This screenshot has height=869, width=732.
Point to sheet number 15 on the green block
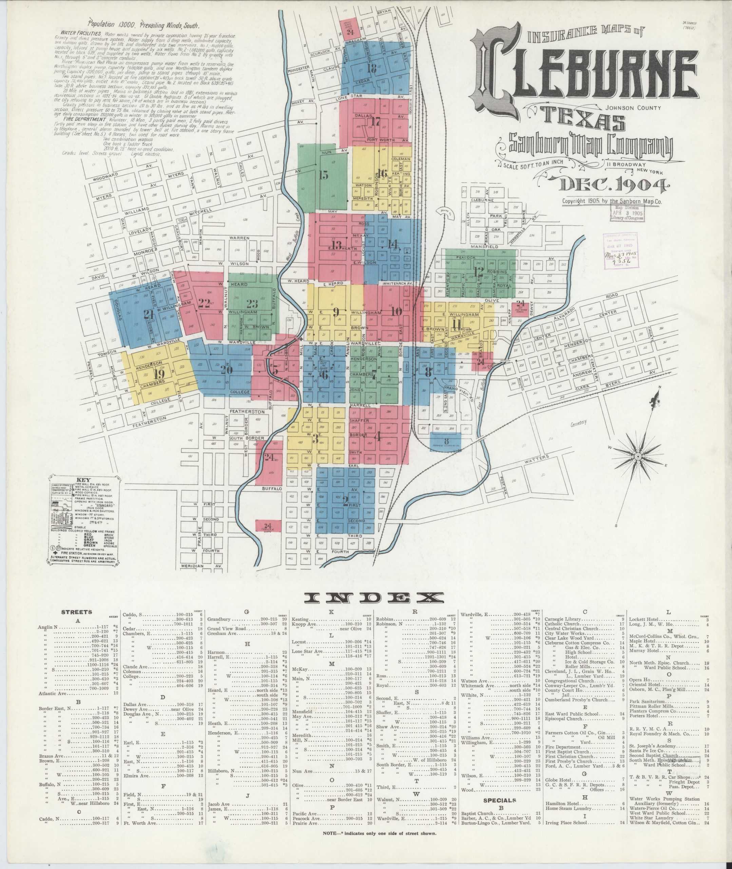tap(324, 175)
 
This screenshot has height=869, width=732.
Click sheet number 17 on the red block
tap(375, 122)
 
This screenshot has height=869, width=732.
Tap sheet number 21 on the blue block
tap(149, 314)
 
